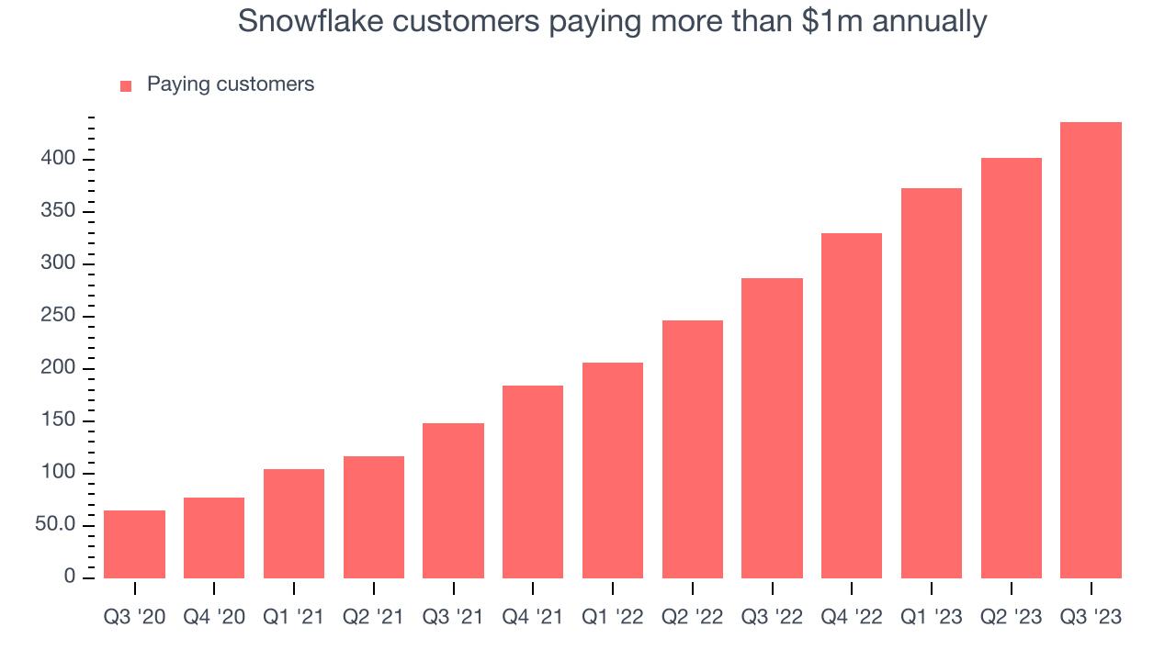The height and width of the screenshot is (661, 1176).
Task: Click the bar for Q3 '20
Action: point(134,544)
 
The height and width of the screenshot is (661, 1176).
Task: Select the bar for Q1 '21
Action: point(294,523)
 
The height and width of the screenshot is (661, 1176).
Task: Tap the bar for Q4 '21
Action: point(533,482)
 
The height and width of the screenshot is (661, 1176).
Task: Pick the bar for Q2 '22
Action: point(692,450)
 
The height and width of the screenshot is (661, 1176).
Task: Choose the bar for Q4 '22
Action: point(852,406)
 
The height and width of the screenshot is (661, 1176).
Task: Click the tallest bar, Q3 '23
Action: point(1091,350)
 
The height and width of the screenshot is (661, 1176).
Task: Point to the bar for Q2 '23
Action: point(1011,368)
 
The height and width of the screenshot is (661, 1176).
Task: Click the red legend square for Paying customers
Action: point(127,86)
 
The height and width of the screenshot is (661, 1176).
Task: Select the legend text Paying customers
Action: point(231,84)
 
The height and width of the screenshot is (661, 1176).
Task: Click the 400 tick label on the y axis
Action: point(57,160)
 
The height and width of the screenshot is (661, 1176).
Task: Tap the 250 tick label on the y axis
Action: point(57,317)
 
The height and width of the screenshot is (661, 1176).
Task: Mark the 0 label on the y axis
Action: point(70,577)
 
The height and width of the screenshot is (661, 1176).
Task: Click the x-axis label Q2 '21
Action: point(373,617)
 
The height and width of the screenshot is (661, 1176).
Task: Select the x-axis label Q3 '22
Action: point(772,617)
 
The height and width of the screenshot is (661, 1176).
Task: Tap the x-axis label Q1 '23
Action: point(931,617)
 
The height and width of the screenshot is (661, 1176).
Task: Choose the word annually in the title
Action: point(930,21)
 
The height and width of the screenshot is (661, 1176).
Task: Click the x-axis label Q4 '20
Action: point(214,617)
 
